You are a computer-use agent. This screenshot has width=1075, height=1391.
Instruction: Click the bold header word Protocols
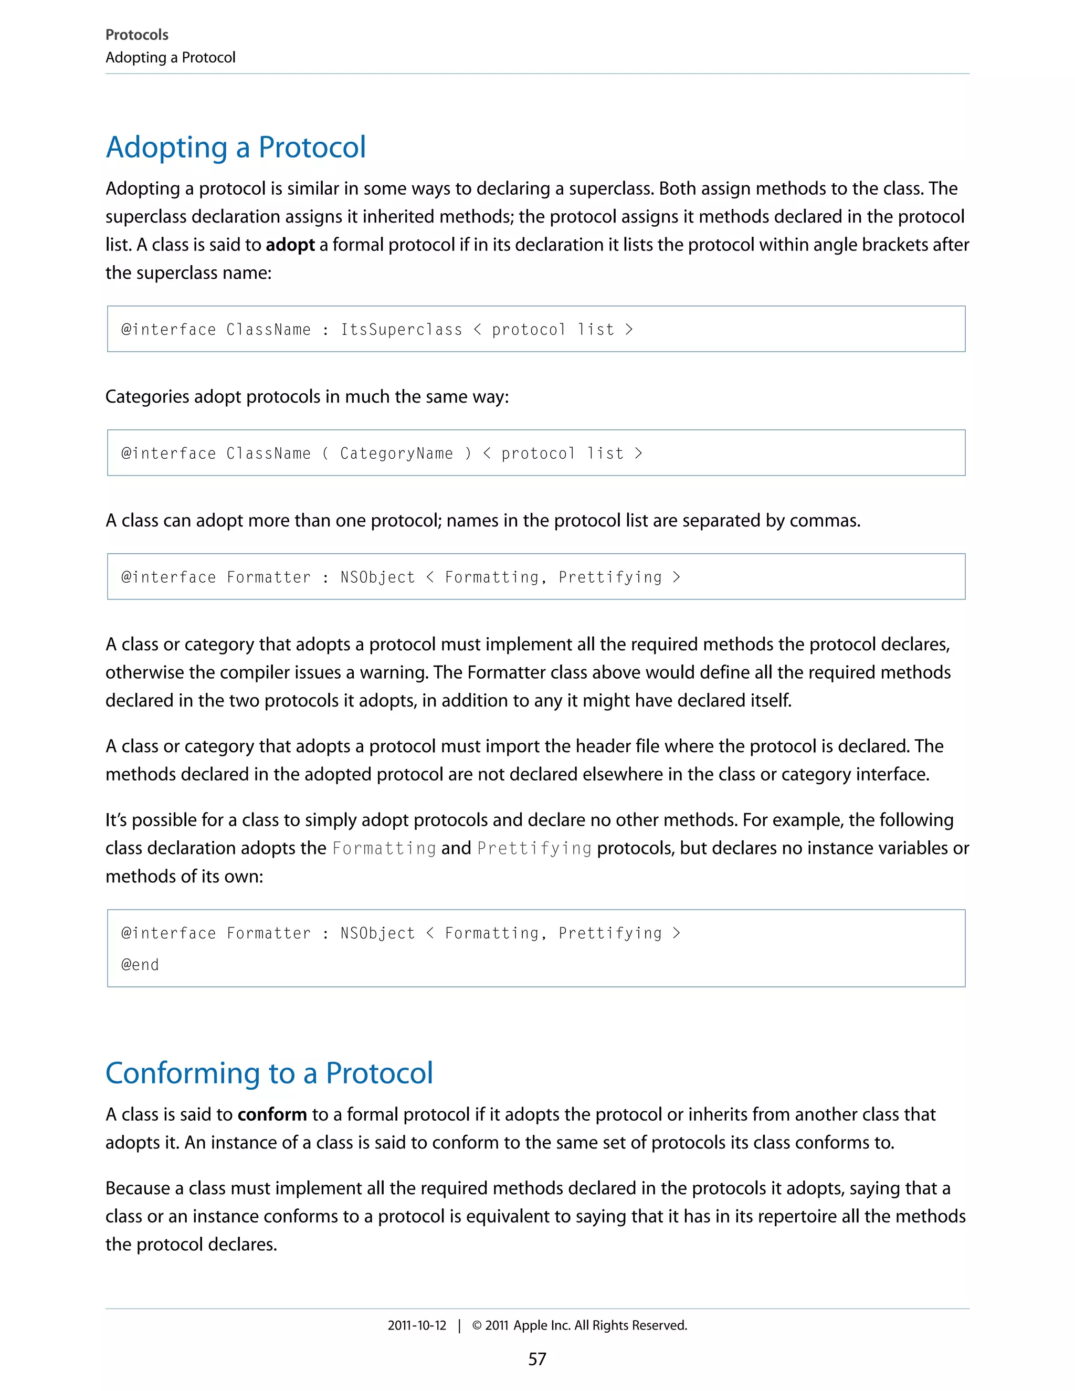(x=136, y=35)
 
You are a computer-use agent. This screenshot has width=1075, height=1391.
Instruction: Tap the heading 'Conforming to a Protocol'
(x=269, y=1073)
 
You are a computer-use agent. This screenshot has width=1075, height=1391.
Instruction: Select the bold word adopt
(x=290, y=245)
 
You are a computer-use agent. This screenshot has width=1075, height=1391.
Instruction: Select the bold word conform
(x=272, y=1114)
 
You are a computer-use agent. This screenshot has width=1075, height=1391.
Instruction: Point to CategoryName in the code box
(x=396, y=454)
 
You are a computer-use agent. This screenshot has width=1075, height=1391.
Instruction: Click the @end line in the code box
(x=140, y=965)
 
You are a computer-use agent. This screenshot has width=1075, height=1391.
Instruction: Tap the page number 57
(x=537, y=1359)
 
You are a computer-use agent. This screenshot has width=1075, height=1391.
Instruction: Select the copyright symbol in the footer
(x=477, y=1325)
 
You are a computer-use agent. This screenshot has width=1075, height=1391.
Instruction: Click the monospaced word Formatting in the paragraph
(x=384, y=848)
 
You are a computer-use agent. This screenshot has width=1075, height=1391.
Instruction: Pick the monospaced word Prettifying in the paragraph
(x=534, y=848)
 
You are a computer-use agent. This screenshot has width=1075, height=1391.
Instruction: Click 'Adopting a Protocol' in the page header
(x=170, y=57)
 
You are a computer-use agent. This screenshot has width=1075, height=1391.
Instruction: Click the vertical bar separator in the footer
(x=459, y=1325)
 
